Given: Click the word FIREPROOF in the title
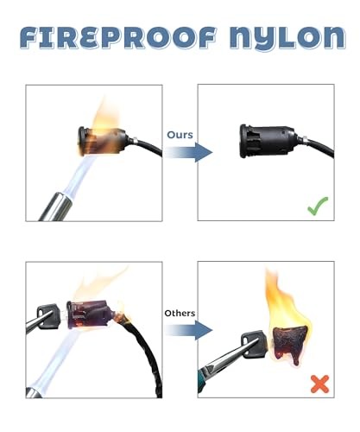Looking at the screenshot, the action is (118, 37).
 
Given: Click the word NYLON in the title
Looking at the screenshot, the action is (287, 38).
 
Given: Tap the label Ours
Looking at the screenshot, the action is (180, 135).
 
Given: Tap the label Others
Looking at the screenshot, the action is (180, 313).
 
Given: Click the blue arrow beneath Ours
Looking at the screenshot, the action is (188, 152).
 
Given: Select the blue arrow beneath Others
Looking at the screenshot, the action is (188, 330).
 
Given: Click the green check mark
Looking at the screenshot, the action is (318, 206).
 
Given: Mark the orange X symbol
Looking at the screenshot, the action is (319, 384).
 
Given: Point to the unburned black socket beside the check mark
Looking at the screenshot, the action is (267, 141).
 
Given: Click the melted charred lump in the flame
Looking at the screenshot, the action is (288, 344).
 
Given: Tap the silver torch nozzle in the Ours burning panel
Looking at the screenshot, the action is (56, 206).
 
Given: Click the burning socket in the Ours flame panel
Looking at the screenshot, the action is (101, 141).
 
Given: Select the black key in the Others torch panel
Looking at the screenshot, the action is (47, 315).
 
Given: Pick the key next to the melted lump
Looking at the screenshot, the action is (254, 344).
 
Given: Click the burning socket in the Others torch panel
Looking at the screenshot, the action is (91, 314).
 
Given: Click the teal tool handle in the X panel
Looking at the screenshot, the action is (201, 380).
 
